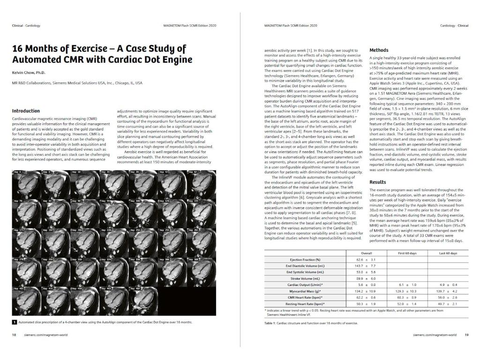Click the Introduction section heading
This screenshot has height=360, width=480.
[26, 111]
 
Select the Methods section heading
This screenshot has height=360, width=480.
[379, 50]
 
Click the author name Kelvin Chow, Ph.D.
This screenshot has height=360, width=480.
[30, 73]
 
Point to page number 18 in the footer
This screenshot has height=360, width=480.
[14, 335]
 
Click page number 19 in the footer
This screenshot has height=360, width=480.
[466, 335]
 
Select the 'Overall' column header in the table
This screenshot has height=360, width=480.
[366, 253]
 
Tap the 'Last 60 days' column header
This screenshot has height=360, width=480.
[448, 253]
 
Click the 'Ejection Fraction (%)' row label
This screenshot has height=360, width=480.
[305, 259]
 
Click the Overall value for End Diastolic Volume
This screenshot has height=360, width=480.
[366, 265]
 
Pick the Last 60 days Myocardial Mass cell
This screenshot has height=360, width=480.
[448, 291]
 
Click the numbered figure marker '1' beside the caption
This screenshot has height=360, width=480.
[15, 322]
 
